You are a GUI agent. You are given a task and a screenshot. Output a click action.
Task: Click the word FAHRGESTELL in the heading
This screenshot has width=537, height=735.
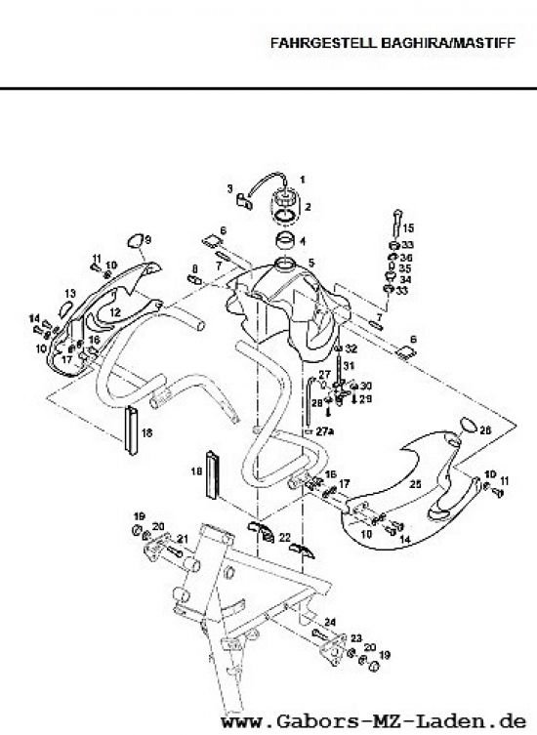(x=301, y=44)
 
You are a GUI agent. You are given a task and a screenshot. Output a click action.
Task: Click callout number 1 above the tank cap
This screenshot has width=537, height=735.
(x=302, y=179)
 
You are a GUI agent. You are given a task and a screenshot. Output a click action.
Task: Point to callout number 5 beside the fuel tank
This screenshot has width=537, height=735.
(x=310, y=262)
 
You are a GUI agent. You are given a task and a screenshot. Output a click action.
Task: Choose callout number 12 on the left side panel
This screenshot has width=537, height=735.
(x=114, y=311)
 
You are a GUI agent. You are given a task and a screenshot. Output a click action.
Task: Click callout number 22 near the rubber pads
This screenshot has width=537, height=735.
(x=284, y=537)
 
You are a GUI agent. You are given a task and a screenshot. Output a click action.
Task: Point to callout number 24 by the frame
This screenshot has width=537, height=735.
(x=331, y=622)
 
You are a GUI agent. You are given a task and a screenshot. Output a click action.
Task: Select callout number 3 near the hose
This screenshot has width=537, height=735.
(x=229, y=188)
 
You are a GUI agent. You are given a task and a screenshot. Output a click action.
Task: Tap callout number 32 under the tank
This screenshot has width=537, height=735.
(x=351, y=348)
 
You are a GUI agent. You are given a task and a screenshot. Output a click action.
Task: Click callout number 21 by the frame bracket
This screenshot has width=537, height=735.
(x=183, y=539)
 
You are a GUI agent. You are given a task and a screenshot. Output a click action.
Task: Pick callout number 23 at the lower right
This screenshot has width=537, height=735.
(x=357, y=635)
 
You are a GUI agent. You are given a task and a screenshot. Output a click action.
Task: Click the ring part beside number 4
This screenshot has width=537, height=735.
(x=284, y=240)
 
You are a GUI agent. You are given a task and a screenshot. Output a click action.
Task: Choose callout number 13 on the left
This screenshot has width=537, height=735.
(x=70, y=292)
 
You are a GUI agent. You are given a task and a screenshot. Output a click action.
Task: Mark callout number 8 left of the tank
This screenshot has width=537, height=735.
(x=195, y=268)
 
